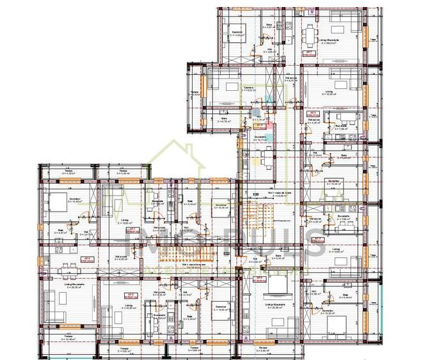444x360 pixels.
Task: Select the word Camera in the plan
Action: [x=249, y=88]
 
